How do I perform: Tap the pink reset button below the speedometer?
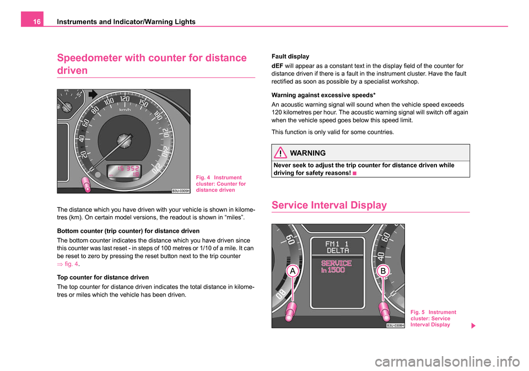pyautogui.click(x=87, y=184)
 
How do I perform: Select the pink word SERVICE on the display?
pyautogui.click(x=337, y=264)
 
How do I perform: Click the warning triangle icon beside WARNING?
pyautogui.click(x=282, y=153)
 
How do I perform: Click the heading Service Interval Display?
pyautogui.click(x=330, y=205)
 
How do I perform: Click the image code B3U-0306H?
pyautogui.click(x=395, y=325)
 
